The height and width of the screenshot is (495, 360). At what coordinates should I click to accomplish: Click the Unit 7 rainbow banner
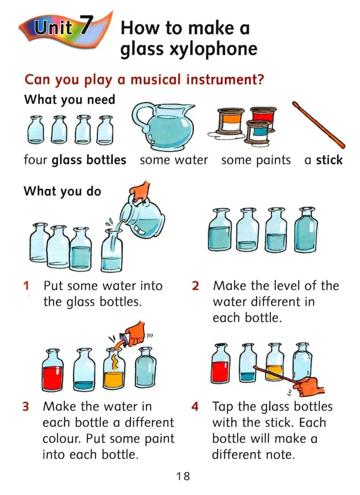[x=65, y=30]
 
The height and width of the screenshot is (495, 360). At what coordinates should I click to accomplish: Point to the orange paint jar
[x=230, y=120]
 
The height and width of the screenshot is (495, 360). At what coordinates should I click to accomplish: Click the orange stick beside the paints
[x=318, y=125]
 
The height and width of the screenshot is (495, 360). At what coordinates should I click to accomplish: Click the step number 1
[x=26, y=285]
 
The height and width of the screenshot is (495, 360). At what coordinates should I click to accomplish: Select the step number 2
[x=195, y=285]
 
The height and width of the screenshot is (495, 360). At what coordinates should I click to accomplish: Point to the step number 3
[x=26, y=406]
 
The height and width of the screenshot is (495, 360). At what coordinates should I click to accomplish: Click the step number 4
[x=195, y=406]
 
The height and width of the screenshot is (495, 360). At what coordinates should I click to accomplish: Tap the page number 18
[x=183, y=476]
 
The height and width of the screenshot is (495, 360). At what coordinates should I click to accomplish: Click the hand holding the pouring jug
[x=141, y=192]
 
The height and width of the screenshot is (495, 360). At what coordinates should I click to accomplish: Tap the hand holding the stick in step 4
[x=309, y=386]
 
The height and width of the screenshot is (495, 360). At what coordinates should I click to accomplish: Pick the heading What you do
[x=62, y=192]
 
